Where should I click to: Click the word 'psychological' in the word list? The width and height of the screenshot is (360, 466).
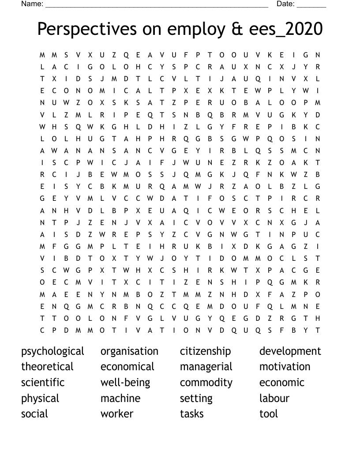(52, 351)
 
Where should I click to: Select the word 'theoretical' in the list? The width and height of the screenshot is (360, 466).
(47, 367)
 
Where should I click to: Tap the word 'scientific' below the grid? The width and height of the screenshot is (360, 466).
(43, 383)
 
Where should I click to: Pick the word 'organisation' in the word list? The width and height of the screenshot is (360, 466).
(129, 351)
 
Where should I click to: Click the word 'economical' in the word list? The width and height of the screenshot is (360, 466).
(127, 367)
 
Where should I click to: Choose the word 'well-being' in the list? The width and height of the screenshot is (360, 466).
(125, 383)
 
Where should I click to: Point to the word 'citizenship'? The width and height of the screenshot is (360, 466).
(205, 351)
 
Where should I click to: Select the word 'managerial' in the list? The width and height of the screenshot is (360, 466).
(206, 367)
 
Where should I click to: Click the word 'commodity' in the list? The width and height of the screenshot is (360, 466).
(206, 383)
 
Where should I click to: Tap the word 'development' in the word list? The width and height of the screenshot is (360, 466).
(290, 351)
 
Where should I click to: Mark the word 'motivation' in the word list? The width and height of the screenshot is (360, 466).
(285, 367)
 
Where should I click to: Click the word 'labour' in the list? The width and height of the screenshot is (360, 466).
(274, 398)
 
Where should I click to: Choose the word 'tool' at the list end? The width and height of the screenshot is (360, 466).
(269, 414)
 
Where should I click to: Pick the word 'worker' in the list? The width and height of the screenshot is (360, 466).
(117, 414)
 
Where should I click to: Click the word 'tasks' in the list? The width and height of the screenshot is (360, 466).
(192, 414)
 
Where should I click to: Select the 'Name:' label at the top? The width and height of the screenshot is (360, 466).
(32, 4)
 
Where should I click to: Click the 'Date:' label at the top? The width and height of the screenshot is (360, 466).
(285, 4)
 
